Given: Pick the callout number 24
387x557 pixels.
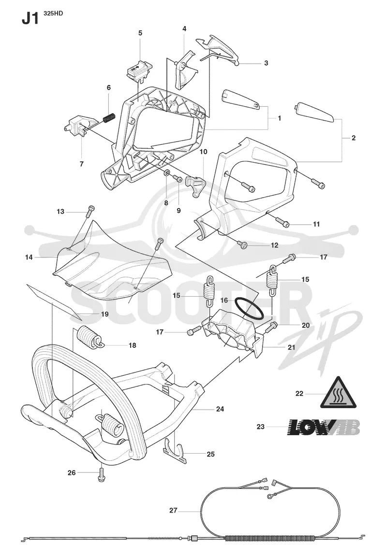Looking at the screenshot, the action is click(x=220, y=409).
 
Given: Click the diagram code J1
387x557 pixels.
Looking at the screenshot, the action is click(x=30, y=19).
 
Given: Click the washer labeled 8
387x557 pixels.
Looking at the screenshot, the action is click(x=166, y=174).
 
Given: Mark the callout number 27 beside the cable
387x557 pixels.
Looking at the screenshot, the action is click(x=173, y=511).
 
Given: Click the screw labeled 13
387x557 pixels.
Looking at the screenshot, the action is click(x=90, y=212).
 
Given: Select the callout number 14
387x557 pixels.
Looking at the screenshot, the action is click(x=29, y=257).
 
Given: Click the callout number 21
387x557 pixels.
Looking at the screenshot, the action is click(x=291, y=347).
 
